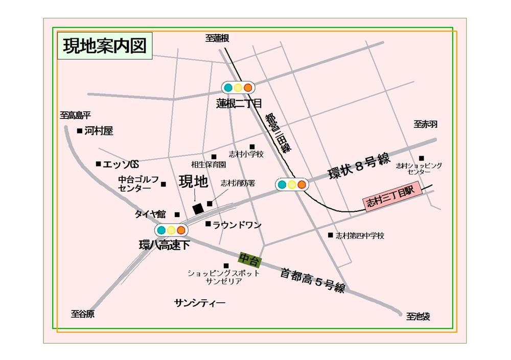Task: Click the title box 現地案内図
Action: coord(105,45)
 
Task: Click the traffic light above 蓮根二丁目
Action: coord(238,87)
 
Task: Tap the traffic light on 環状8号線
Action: coord(292,184)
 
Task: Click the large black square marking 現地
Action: coord(197,209)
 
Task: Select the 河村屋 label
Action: coord(99,131)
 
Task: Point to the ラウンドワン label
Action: coord(237,225)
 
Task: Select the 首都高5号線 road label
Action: coord(313,280)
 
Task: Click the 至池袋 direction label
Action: coord(418,317)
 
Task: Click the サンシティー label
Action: coord(200,302)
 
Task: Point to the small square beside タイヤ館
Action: coord(177,214)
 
